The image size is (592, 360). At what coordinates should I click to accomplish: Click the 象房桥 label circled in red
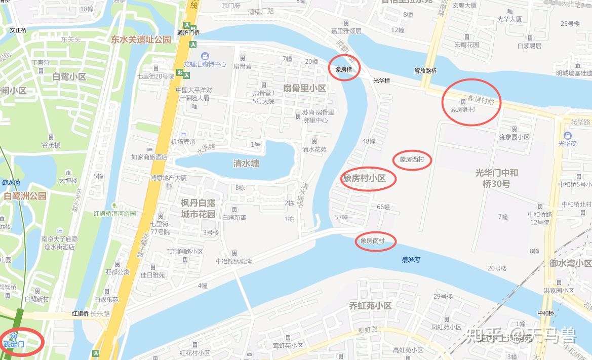(343, 70)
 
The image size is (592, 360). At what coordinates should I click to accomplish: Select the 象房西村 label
(412, 160)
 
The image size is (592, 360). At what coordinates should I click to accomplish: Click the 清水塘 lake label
(246, 164)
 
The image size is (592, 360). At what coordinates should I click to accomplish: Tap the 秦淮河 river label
(411, 260)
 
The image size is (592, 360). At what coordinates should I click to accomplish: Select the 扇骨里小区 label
(304, 88)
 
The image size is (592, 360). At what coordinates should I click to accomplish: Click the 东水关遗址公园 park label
(141, 39)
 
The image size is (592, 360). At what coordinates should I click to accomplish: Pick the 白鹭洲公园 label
(25, 195)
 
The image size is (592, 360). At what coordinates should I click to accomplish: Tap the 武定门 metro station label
(14, 344)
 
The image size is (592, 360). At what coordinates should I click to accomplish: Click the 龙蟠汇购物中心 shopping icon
(205, 56)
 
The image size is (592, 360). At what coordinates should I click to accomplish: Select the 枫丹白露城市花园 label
(198, 208)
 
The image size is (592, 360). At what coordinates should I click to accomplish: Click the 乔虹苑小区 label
(370, 306)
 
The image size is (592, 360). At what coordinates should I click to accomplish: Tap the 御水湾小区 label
(570, 263)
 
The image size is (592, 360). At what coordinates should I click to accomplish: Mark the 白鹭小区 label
(69, 77)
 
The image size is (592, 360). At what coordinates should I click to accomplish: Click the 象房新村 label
(463, 109)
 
